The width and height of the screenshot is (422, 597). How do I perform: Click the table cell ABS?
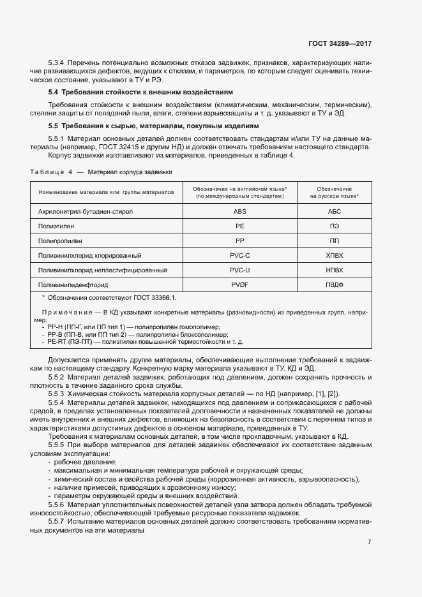(x=240, y=210)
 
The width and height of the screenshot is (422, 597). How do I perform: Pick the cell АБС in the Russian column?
(x=335, y=210)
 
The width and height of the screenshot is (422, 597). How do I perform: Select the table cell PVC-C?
(x=240, y=255)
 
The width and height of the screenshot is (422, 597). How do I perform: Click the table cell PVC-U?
(x=240, y=270)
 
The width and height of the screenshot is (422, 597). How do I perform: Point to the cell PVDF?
(x=240, y=285)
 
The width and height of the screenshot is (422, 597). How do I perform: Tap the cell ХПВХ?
(x=335, y=255)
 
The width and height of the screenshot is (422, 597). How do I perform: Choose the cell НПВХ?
(x=335, y=270)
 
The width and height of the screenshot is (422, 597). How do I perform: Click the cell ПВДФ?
(x=335, y=285)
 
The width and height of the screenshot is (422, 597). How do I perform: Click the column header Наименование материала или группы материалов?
(x=106, y=192)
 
